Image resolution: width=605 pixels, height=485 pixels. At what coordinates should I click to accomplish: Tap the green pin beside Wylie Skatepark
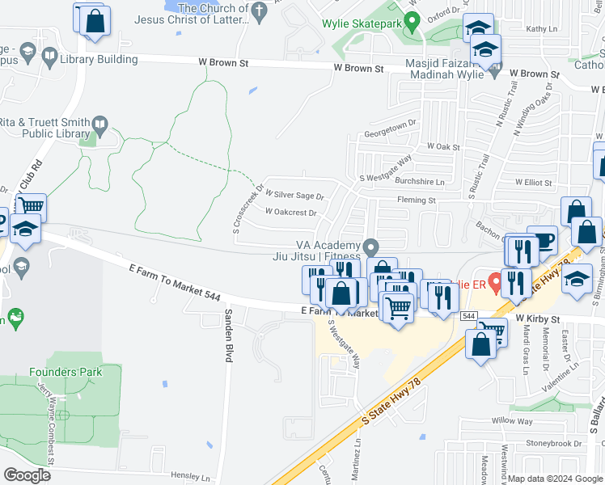[x=412, y=19]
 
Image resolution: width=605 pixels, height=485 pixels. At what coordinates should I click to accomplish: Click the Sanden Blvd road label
[x=229, y=335]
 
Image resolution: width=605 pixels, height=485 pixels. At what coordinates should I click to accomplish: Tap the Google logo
[x=27, y=474]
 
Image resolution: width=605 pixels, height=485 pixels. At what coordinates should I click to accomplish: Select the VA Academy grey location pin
[x=370, y=246]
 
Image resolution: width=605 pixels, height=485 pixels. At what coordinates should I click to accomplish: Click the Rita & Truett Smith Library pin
[x=100, y=124]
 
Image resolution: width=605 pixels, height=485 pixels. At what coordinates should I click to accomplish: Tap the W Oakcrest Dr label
[x=290, y=213]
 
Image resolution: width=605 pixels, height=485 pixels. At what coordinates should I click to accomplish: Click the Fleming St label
[x=416, y=200]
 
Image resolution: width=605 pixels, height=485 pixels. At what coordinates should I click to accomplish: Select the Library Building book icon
[x=49, y=57]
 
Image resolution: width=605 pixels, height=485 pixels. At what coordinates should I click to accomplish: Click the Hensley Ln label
[x=179, y=477]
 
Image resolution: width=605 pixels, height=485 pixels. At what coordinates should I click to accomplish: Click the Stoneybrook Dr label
[x=554, y=443]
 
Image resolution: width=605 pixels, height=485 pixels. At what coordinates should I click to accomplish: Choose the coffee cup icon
[x=543, y=240]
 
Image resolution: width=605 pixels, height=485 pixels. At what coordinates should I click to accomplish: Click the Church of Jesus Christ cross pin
[x=259, y=11]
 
